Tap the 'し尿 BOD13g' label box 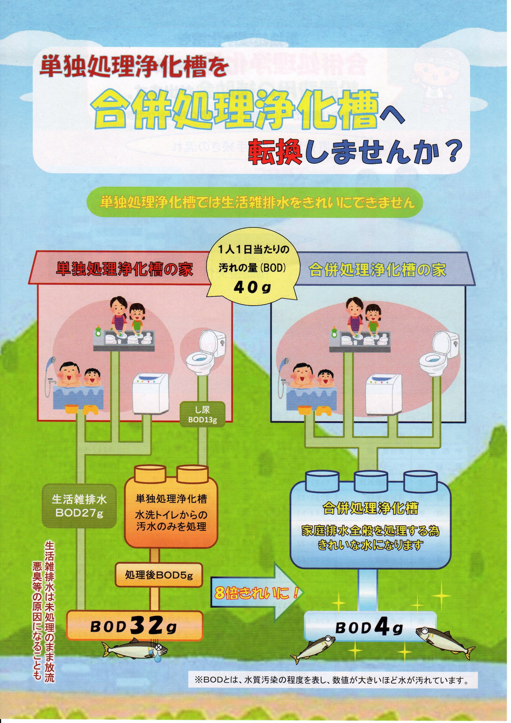click(202, 415)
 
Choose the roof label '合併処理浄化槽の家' click(377, 271)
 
